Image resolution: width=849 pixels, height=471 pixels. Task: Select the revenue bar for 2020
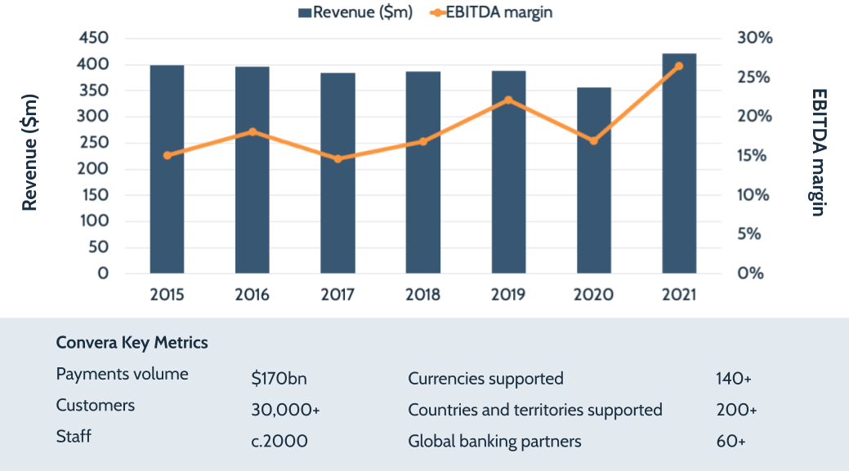(594, 180)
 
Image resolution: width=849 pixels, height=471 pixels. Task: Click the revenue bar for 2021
(679, 163)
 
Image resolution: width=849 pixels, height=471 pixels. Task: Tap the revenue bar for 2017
(337, 173)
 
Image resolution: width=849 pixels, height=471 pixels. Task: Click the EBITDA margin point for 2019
(508, 100)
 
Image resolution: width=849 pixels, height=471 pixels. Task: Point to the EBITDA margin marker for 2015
(168, 155)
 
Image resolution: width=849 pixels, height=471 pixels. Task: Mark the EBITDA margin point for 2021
(679, 66)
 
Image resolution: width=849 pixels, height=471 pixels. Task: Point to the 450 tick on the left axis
(92, 38)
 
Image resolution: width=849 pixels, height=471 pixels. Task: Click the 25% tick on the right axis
(754, 78)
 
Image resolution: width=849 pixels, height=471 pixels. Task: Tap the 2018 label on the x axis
(422, 295)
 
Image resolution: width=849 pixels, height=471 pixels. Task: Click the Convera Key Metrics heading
(132, 343)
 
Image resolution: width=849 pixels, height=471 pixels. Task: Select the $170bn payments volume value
(279, 379)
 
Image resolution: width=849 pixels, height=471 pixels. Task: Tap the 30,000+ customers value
(285, 410)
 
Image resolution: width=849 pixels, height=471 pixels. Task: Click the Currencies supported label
(485, 379)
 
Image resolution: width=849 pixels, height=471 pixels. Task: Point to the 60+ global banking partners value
(730, 441)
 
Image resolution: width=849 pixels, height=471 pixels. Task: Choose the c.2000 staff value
(279, 441)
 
